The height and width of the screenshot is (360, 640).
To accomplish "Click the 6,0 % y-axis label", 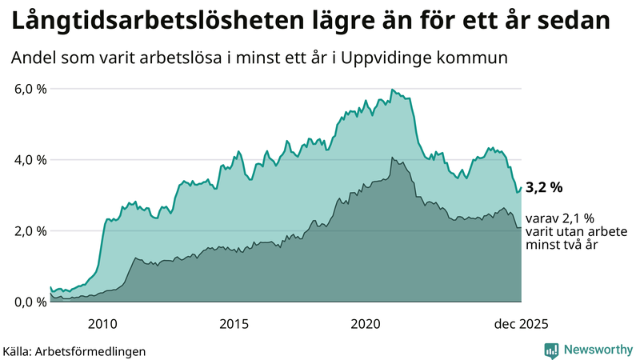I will pos(30,89).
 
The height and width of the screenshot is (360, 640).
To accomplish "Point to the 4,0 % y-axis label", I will pos(30,160).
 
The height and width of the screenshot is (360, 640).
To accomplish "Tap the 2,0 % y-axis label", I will pos(30,231).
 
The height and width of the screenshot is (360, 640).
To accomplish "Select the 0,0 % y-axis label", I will pos(30,302).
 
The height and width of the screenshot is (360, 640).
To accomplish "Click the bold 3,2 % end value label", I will pos(544,188).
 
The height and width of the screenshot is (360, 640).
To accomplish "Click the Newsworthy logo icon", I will pos(551,350).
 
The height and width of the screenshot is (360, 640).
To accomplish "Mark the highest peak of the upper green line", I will pos(391,90).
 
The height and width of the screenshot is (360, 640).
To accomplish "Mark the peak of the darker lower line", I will pos(391,158).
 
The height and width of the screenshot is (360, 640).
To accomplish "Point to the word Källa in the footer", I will pos(20,350).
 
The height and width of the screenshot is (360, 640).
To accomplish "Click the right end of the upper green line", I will pos(521,188).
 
